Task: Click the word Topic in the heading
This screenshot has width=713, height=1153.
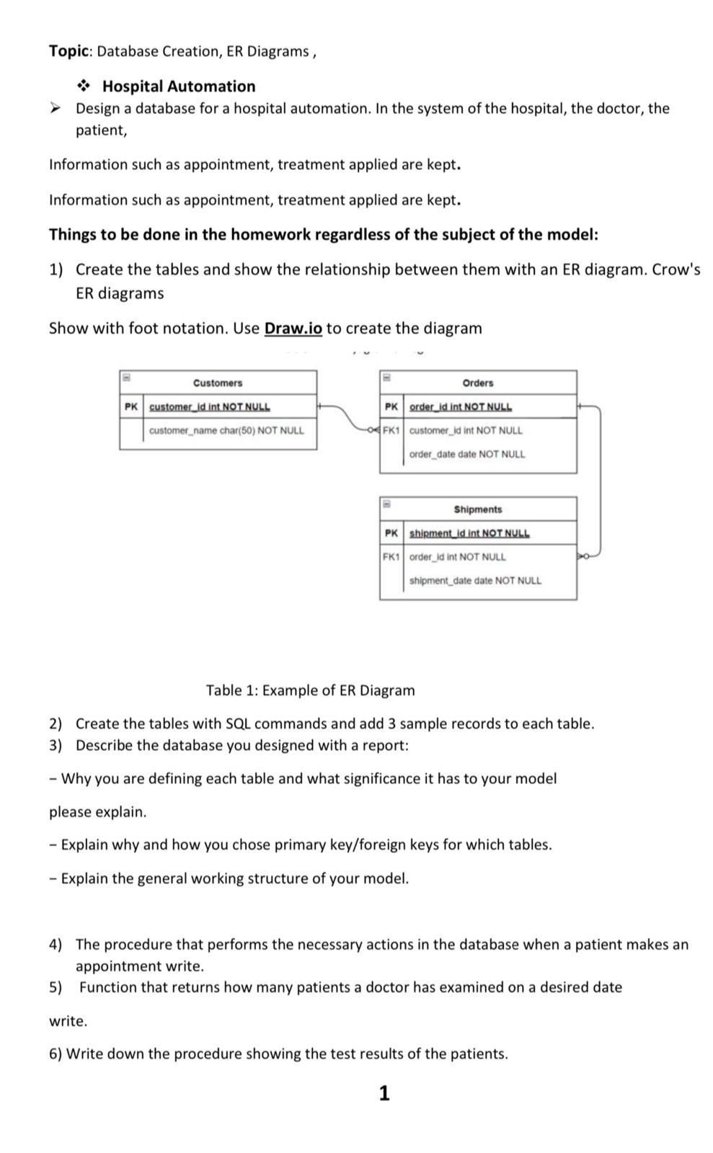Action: [69, 51]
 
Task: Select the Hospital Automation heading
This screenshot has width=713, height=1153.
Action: [178, 86]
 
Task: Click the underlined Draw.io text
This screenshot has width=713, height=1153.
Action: [293, 329]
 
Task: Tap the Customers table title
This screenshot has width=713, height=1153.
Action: [218, 383]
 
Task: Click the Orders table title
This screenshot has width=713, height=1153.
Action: [477, 383]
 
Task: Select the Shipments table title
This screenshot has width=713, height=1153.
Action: [477, 509]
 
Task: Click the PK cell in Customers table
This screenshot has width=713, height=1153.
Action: [130, 406]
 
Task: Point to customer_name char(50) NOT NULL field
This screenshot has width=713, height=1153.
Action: [226, 431]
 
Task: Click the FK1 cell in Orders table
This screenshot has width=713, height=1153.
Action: [391, 431]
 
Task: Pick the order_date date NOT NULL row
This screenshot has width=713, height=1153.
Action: [467, 455]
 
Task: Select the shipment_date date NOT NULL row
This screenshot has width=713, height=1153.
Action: [475, 581]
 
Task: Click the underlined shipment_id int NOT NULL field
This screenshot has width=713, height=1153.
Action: [469, 533]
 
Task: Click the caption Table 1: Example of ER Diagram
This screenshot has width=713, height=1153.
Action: [310, 690]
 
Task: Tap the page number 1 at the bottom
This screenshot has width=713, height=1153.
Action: [384, 1093]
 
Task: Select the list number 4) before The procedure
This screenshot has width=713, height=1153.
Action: [56, 945]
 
